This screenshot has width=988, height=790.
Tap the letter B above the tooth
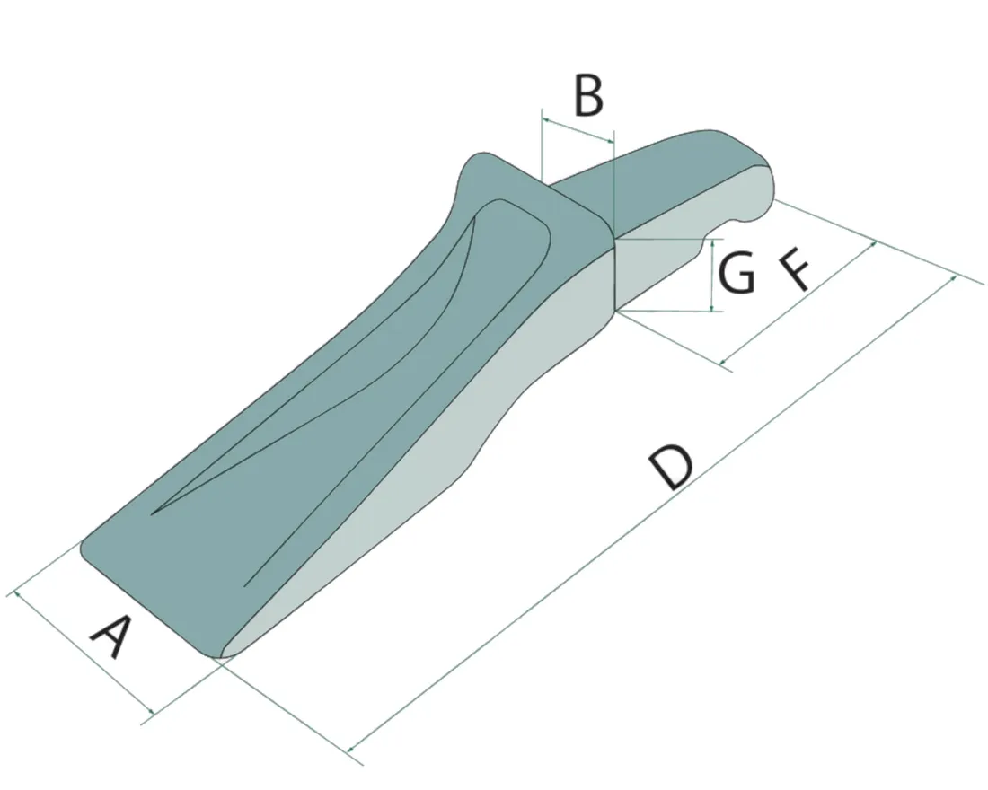(588, 96)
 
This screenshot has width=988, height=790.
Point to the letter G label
(737, 272)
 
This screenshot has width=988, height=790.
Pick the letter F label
(795, 269)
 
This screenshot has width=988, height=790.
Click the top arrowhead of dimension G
(711, 242)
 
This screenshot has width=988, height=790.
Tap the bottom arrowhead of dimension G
(711, 307)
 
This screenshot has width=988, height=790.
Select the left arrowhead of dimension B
(547, 119)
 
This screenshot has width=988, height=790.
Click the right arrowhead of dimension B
(609, 139)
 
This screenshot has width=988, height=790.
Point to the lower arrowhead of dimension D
(351, 748)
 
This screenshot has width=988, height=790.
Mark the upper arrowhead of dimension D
(952, 279)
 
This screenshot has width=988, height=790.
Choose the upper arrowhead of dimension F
(873, 244)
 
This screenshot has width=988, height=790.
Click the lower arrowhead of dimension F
(723, 361)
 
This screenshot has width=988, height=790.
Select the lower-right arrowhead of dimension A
(151, 711)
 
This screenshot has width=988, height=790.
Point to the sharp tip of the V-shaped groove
(152, 513)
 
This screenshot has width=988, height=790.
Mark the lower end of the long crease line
(245, 586)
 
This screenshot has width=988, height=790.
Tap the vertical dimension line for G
(711, 275)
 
